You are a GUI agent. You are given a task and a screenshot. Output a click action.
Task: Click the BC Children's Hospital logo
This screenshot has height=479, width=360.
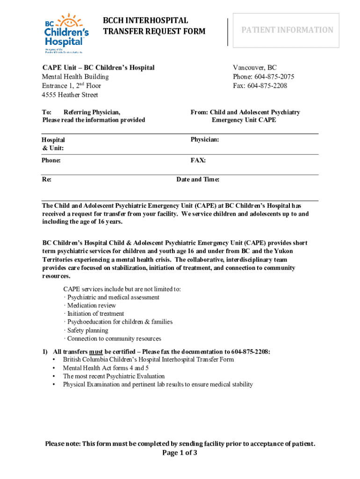click(x=66, y=32)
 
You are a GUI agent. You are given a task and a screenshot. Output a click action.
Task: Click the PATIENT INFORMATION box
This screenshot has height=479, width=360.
click(x=287, y=30)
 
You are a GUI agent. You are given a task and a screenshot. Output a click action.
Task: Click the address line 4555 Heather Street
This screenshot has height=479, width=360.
click(x=70, y=95)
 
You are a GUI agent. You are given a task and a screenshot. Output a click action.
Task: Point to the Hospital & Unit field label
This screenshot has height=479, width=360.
click(x=53, y=144)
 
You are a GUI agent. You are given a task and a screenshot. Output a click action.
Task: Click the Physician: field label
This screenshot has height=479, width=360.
click(x=205, y=140)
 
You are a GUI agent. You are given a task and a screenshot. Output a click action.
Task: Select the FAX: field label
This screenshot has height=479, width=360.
click(x=198, y=160)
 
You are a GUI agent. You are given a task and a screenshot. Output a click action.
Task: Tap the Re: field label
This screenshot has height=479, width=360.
click(x=47, y=180)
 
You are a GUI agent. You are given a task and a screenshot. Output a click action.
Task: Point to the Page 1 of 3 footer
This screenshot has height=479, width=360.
click(x=180, y=453)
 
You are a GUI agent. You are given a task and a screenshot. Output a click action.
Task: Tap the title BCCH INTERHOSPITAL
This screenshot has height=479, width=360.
click(x=145, y=21)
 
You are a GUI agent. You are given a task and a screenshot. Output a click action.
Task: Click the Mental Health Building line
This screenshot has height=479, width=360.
click(x=75, y=77)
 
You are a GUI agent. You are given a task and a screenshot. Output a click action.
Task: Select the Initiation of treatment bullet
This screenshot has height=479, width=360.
click(x=95, y=314)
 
